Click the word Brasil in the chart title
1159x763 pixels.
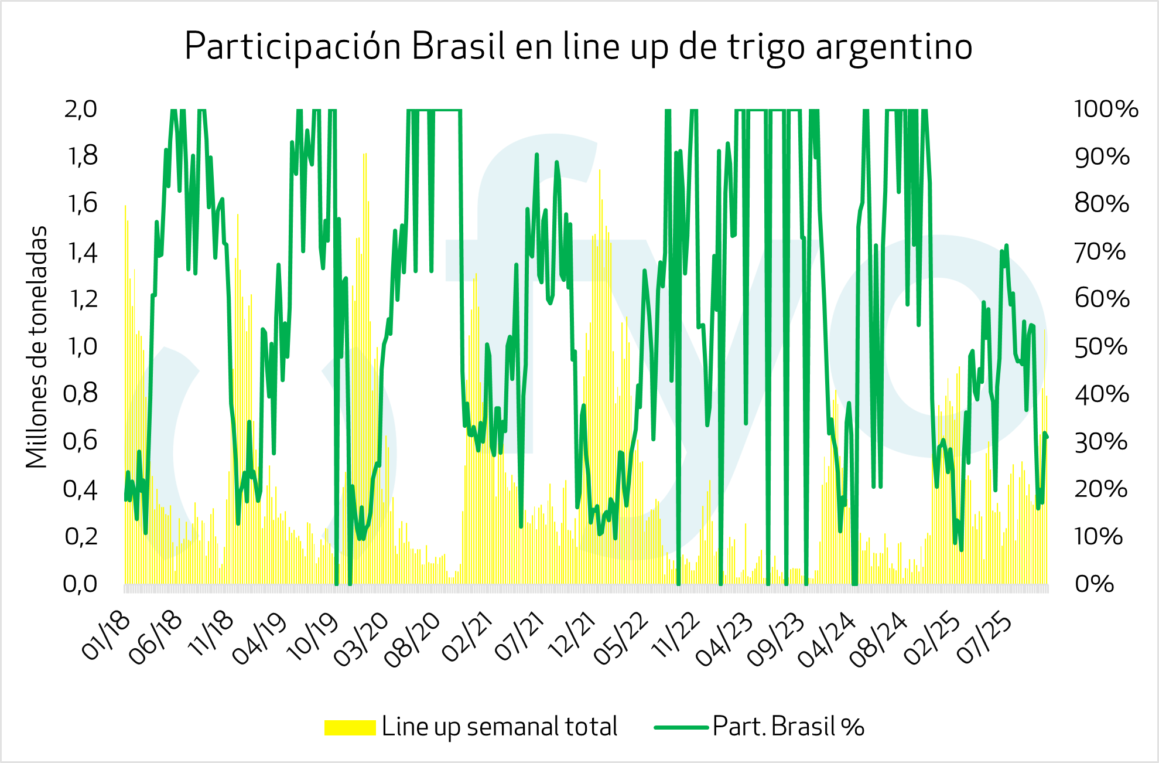[458, 47]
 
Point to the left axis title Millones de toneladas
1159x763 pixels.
[36, 347]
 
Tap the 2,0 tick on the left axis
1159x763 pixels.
[81, 109]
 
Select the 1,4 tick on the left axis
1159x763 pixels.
[82, 252]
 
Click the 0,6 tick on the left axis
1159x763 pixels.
[81, 441]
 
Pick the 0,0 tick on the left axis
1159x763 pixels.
[81, 584]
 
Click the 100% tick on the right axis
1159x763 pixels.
[1106, 109]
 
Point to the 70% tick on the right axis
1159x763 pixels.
[1100, 252]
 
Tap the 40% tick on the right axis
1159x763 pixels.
[1101, 394]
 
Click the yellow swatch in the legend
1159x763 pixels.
[350, 727]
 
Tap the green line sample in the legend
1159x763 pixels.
[681, 727]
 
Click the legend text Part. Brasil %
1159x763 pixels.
[788, 727]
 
